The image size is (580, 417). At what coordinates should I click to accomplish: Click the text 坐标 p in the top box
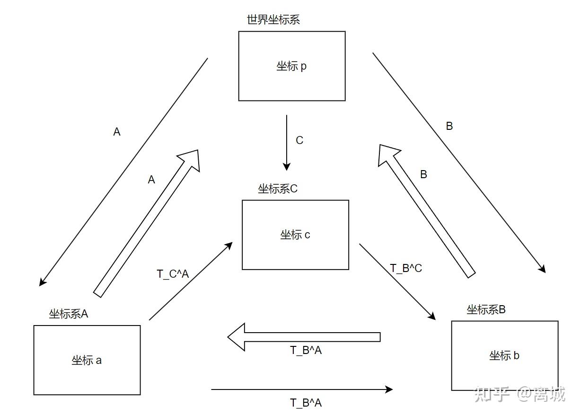291,66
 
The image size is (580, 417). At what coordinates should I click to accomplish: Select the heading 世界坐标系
273,20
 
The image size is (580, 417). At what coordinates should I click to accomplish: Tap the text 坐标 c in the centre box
295,235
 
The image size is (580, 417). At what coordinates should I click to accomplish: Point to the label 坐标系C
278,189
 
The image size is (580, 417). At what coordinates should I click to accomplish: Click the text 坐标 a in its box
87,360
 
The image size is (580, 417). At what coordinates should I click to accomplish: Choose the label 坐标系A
69,314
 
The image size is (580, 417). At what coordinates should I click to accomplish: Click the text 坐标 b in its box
504,355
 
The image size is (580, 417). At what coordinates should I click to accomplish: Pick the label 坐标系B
486,310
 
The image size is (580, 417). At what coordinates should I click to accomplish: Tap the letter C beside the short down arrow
299,140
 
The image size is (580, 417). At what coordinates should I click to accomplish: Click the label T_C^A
173,274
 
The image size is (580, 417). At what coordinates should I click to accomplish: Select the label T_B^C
406,268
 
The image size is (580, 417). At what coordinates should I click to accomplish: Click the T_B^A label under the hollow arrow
306,350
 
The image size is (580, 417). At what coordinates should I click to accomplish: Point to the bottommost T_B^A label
306,403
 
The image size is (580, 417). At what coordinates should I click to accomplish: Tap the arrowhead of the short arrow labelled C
286,166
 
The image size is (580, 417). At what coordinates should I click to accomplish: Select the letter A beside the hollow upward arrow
151,180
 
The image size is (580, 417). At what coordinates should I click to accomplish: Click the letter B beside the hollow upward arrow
423,174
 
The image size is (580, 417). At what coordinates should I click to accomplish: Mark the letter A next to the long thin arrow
117,132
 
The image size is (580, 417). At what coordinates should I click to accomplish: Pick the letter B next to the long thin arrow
449,126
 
